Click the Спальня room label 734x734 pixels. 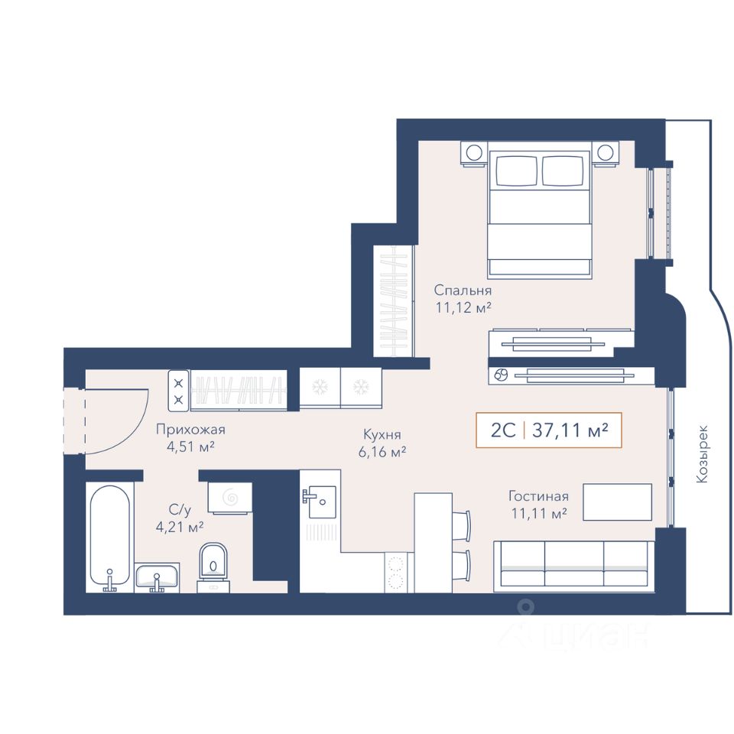tap(463, 291)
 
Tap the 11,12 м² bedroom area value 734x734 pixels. tap(463, 308)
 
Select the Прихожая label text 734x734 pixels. tap(190, 429)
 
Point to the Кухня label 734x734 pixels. tap(382, 435)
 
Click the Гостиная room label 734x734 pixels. tap(538, 495)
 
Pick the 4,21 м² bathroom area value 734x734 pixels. tap(179, 528)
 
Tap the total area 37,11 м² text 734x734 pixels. tap(570, 430)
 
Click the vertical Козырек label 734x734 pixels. tap(702, 454)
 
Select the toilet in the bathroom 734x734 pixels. tap(213, 567)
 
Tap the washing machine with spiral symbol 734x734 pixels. tap(230, 498)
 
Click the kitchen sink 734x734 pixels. tap(320, 502)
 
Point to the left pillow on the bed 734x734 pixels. tap(516, 171)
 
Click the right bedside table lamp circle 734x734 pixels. tap(606, 153)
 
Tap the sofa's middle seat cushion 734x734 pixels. tap(574, 563)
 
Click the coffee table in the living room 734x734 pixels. tap(618, 502)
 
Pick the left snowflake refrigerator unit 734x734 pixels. tap(320, 388)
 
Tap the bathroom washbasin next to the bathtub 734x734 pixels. tap(156, 577)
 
